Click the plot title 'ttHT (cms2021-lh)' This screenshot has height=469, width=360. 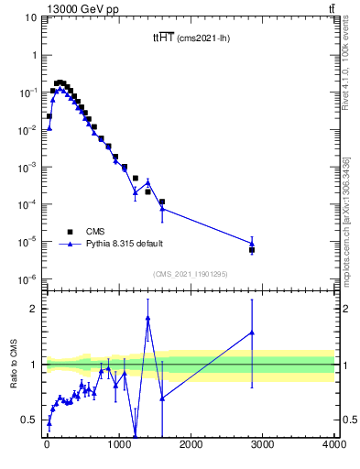tap(190, 38)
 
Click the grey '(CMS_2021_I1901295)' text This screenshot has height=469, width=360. tap(190, 274)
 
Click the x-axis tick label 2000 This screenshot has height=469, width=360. tap(191, 445)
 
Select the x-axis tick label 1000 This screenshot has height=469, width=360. tap(118, 445)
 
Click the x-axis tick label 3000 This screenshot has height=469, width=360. tap(262, 445)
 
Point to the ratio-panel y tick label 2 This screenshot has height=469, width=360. tap(37, 309)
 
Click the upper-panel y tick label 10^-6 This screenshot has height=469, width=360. tap(29, 279)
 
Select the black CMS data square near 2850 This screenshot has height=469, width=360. tap(252, 249)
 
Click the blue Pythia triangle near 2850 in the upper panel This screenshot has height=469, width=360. tap(252, 243)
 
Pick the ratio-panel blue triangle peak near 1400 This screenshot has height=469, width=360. tap(147, 318)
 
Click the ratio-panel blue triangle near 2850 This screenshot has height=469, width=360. tap(252, 333)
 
